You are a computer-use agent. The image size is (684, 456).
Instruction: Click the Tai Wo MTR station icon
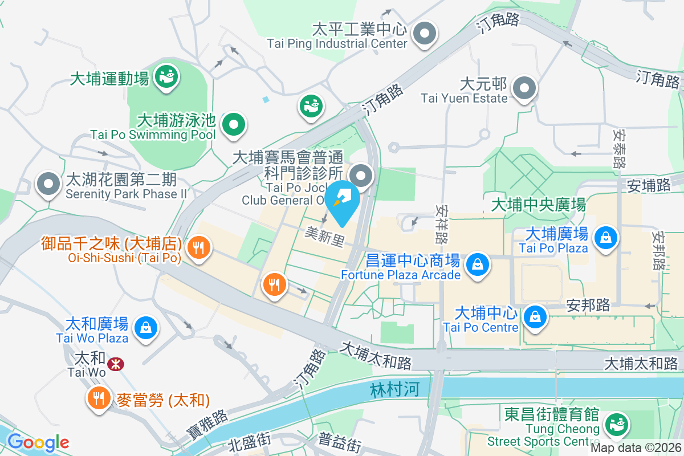tap(116, 364)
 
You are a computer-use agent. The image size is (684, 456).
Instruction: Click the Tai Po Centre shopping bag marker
tap(535, 316)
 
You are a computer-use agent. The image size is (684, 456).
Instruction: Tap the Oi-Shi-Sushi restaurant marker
tap(198, 247)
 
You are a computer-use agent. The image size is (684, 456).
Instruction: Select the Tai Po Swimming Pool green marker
tap(233, 123)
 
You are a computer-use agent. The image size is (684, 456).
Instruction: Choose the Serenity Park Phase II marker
tap(48, 184)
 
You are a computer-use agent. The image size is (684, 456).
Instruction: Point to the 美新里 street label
tap(325, 237)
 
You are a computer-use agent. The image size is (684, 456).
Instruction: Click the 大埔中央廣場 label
tap(538, 204)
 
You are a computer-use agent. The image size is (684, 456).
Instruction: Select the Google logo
tap(38, 442)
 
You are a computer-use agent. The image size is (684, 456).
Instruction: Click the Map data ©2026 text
tap(636, 448)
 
